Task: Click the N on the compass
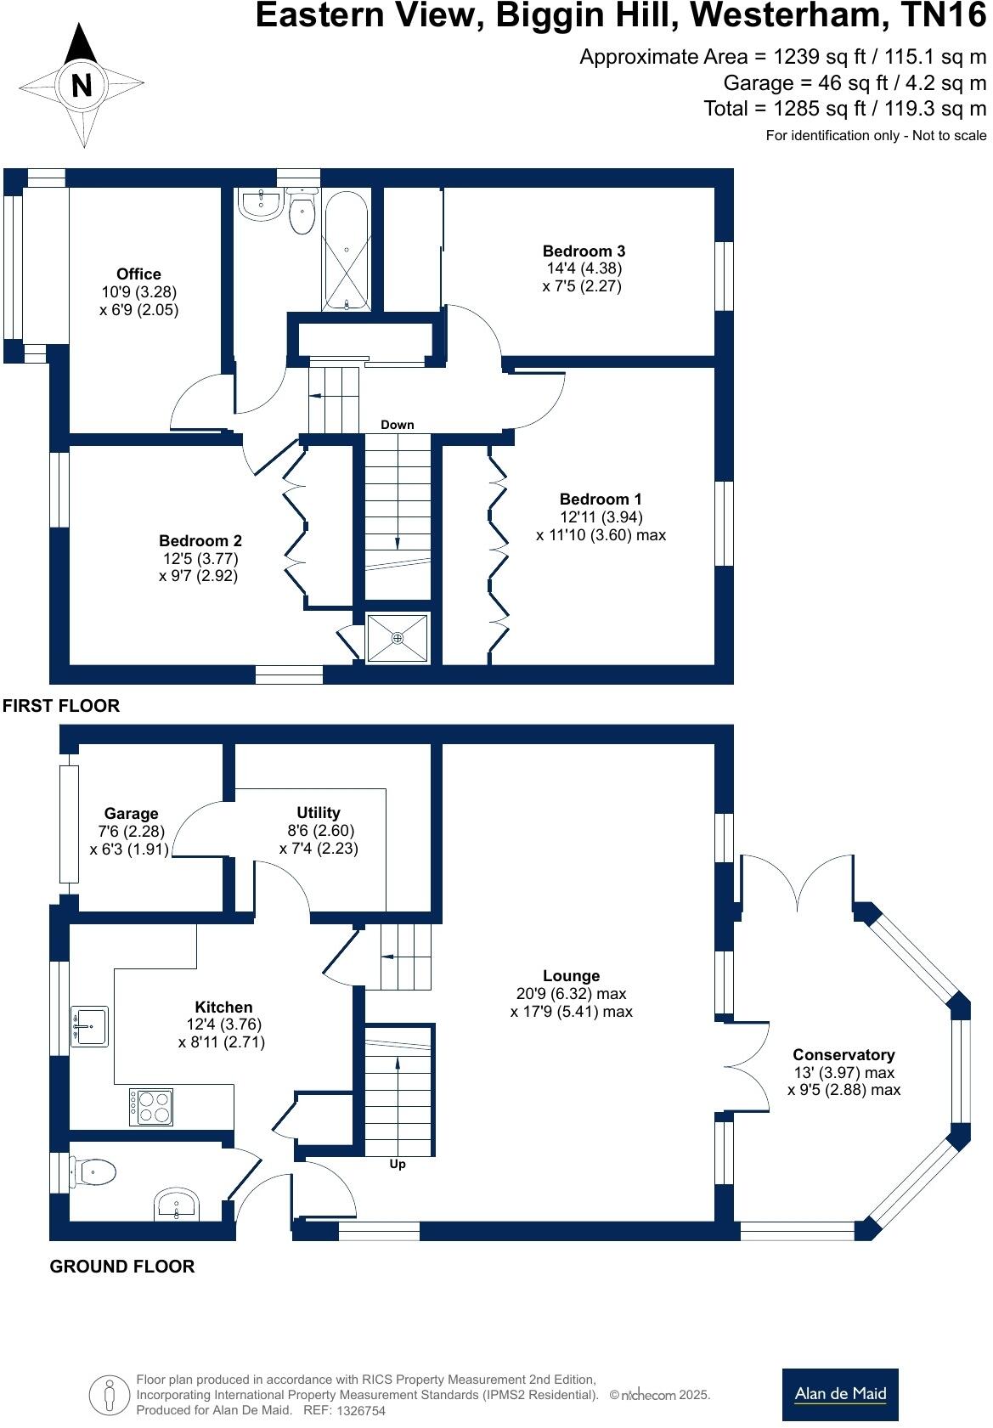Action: (x=82, y=86)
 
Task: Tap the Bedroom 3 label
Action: (x=584, y=251)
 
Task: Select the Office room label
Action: (x=138, y=274)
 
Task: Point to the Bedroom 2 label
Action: (x=200, y=540)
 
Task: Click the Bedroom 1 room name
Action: (x=601, y=499)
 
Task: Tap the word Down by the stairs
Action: (x=397, y=425)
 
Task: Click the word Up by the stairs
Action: (x=398, y=1164)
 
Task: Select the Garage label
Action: (x=131, y=813)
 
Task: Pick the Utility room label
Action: (x=318, y=812)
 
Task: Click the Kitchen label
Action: (x=223, y=1007)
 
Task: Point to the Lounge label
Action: (x=571, y=976)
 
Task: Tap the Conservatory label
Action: (x=843, y=1054)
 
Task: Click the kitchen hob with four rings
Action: (x=151, y=1107)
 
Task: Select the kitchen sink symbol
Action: (x=89, y=1026)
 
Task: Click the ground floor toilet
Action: (x=93, y=1173)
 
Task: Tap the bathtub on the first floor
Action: (x=345, y=250)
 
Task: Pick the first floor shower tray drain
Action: (x=398, y=637)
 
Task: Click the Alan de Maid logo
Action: (x=839, y=1394)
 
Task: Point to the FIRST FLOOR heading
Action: (x=61, y=705)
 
